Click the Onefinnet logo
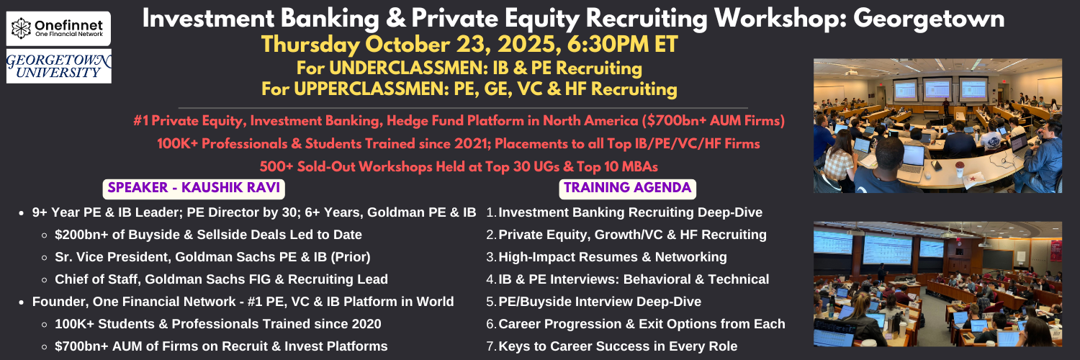58,28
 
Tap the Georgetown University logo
59,66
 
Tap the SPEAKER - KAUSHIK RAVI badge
194,188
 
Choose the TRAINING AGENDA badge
627,188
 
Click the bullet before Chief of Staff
45,279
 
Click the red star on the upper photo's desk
973,179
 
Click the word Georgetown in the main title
929,19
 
